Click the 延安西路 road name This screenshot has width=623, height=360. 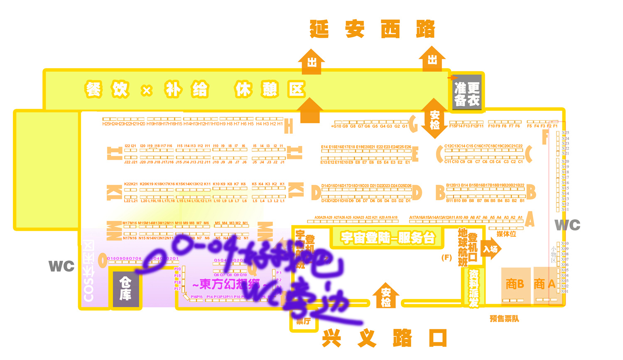(x=372, y=29)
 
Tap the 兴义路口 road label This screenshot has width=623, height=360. (x=384, y=338)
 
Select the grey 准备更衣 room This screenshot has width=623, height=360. (x=467, y=93)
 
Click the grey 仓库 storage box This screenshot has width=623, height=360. (x=125, y=289)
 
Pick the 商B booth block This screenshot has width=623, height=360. (x=515, y=285)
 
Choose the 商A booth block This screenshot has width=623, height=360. (x=545, y=284)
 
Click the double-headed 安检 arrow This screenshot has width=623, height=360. (x=434, y=119)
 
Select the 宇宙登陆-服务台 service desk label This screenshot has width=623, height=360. (x=388, y=238)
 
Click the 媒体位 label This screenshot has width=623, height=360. (x=506, y=234)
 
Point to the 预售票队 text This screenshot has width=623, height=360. (x=504, y=318)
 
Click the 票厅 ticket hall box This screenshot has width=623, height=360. (x=304, y=321)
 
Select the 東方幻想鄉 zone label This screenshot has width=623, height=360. (x=226, y=284)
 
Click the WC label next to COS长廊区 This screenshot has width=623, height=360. (x=61, y=266)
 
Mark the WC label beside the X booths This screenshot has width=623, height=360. (x=567, y=225)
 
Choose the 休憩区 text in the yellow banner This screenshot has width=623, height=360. (x=270, y=89)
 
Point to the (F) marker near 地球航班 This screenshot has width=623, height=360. (x=446, y=257)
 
